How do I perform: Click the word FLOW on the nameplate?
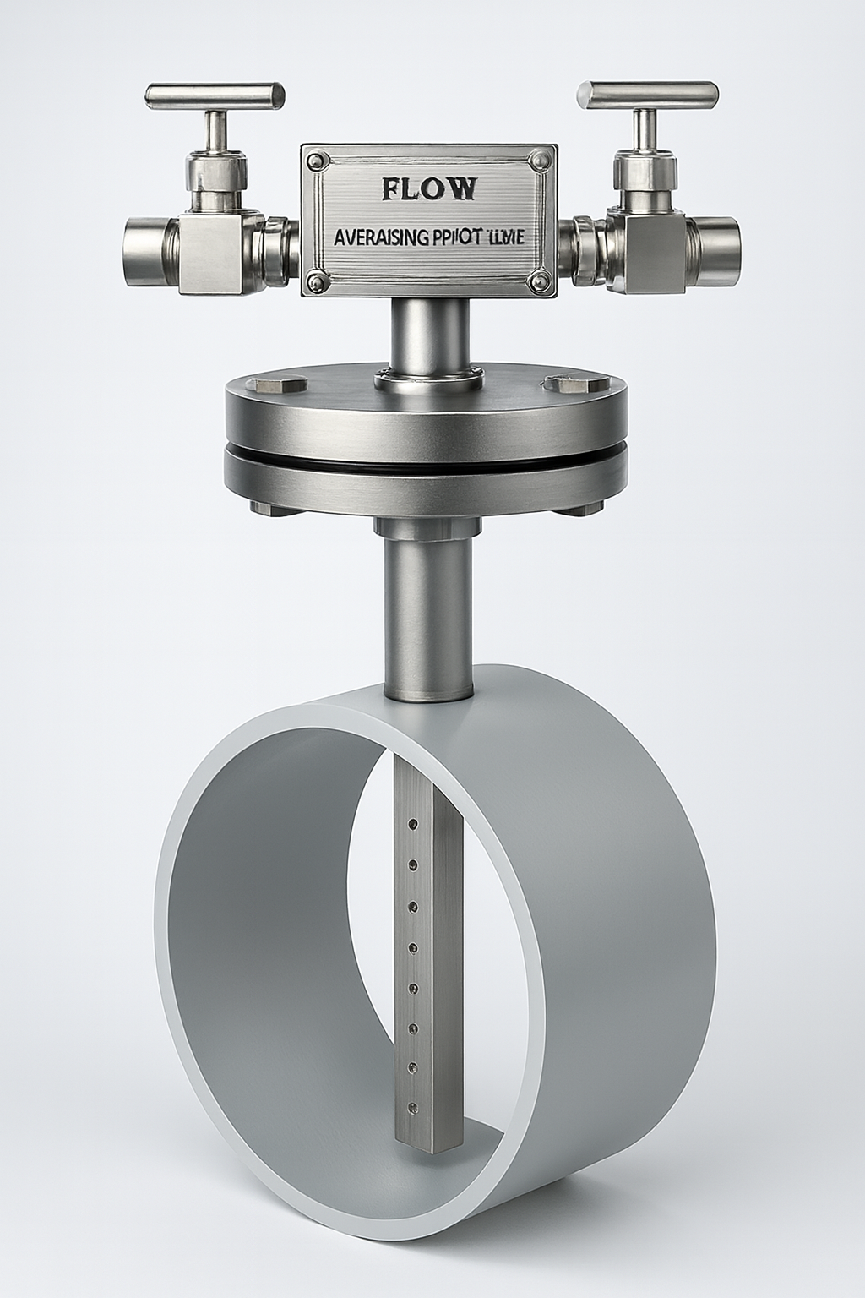pyautogui.click(x=429, y=188)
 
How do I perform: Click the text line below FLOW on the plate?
pyautogui.click(x=428, y=239)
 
